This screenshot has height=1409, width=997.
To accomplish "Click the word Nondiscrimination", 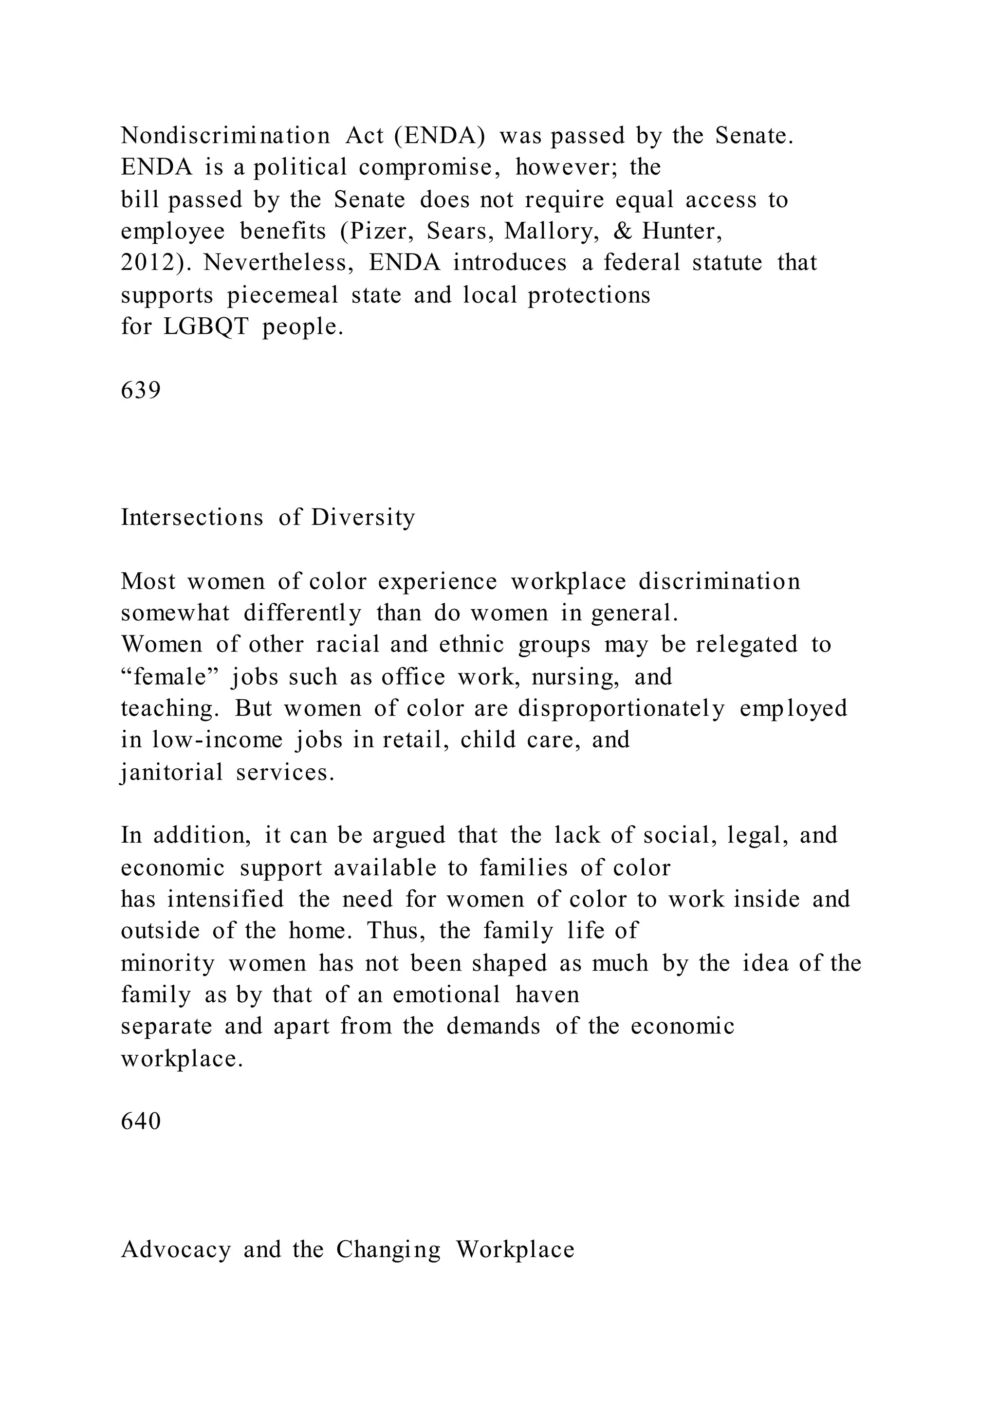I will pyautogui.click(x=225, y=136).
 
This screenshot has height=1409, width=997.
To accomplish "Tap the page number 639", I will pyautogui.click(x=141, y=390).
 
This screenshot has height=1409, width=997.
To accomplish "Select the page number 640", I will pyautogui.click(x=141, y=1121).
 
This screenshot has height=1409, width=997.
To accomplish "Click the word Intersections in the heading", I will pyautogui.click(x=191, y=517).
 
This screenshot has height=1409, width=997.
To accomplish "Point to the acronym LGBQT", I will pyautogui.click(x=206, y=327).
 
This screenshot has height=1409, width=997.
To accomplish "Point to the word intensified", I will pyautogui.click(x=225, y=900).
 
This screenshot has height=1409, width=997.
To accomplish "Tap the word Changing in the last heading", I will pyautogui.click(x=388, y=1249).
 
